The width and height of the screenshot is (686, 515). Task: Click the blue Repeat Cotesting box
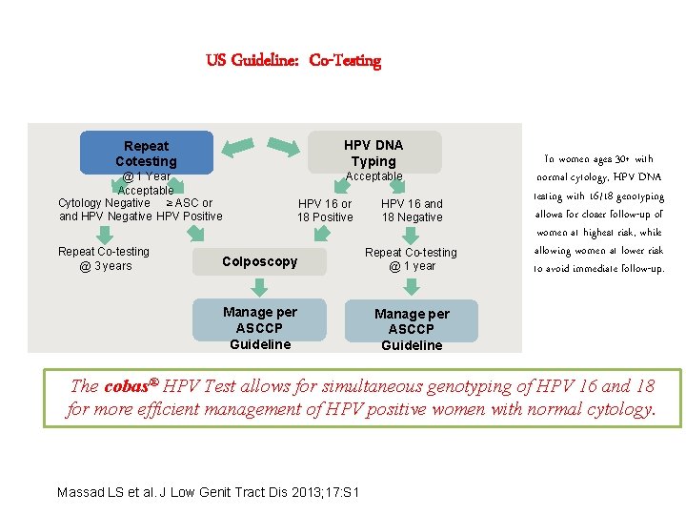146,153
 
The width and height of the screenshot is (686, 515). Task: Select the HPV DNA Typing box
373,153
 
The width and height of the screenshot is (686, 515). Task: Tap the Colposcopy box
259,261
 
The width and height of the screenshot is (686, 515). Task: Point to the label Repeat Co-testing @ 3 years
104,258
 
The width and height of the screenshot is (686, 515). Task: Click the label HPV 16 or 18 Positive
325,210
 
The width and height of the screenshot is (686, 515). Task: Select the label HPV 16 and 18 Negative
412,210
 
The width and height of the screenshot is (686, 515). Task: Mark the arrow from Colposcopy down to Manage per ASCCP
259,286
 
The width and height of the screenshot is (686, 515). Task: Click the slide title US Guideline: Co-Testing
293,61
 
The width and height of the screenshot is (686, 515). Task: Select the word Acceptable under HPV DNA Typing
373,176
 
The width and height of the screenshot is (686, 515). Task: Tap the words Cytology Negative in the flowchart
104,202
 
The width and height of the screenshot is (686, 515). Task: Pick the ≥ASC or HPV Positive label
189,209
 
